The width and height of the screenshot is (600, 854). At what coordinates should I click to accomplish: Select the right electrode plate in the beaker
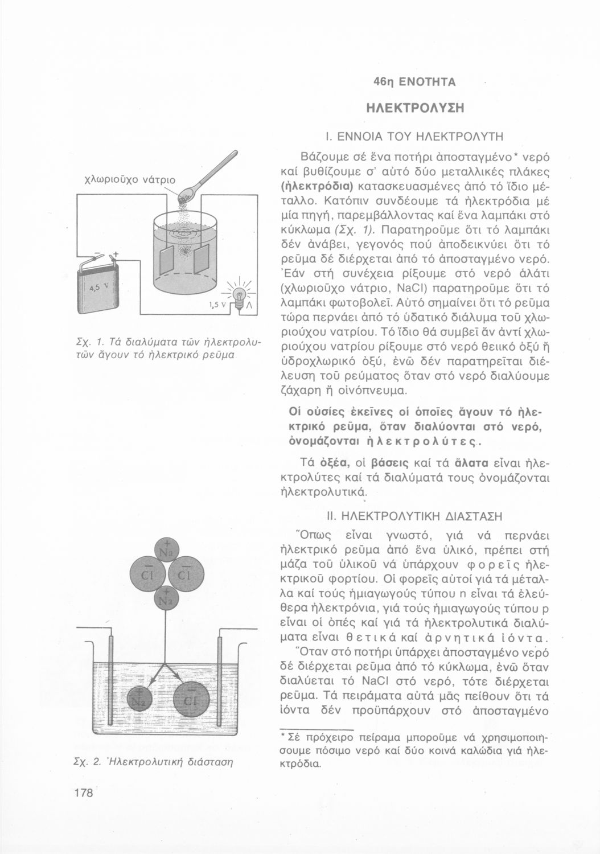[x=202, y=260]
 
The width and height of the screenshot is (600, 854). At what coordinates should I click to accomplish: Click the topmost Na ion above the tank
[x=168, y=551]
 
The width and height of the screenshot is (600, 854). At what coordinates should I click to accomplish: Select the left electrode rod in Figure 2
[x=108, y=678]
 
